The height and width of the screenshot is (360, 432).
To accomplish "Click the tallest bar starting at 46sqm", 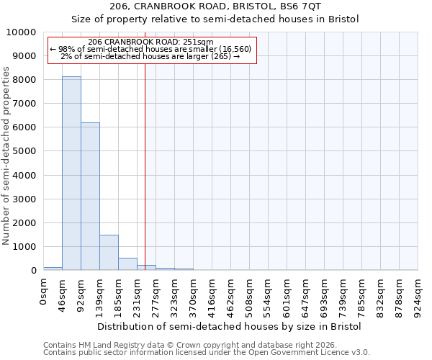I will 71,174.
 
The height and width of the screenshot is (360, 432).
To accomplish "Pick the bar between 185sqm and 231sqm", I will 127,264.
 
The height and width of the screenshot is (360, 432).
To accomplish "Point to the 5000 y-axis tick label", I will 24,152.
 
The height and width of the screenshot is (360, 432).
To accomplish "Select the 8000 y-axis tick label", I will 24,80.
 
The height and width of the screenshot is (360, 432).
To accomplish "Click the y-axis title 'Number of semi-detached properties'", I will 6,156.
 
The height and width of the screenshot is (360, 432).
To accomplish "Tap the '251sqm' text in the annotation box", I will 199,42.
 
